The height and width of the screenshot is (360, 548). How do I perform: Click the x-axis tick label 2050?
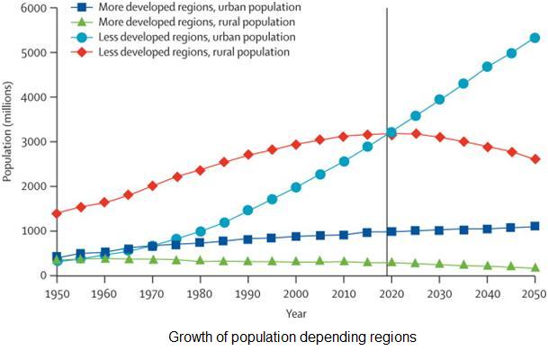pos(533,295)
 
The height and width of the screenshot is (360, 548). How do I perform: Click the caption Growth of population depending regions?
pos(292,337)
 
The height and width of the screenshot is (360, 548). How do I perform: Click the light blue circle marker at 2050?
pos(535,38)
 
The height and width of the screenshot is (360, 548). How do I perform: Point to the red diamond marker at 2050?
pos(535,159)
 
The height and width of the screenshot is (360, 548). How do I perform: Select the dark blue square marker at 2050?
pos(535,226)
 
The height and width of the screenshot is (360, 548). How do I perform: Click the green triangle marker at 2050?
pos(535,267)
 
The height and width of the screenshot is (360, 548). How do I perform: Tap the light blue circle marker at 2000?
pos(296,187)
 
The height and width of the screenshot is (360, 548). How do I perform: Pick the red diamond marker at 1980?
pos(201,170)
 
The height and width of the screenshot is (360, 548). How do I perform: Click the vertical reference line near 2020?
pos(388,90)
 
